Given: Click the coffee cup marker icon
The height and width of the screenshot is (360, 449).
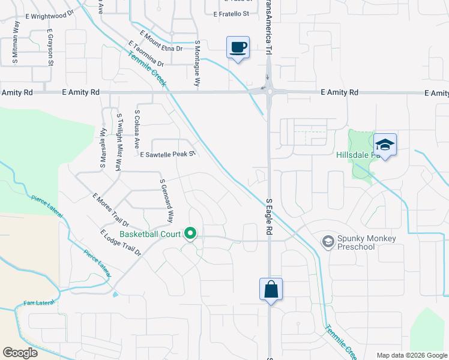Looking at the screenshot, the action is tap(238, 47).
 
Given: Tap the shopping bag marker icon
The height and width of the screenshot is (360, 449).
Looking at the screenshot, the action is tap(271, 289).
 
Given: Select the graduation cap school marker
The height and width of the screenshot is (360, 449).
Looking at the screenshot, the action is tap(385, 145).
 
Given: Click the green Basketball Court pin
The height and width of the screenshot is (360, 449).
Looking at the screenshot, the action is tap(191, 233).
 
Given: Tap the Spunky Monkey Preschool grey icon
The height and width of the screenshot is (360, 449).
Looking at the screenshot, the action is tap(328, 242).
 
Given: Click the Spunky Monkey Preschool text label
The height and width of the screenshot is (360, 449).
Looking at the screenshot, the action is tap(367, 242).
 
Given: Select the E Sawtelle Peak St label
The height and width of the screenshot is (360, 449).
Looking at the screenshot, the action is tap(168, 154).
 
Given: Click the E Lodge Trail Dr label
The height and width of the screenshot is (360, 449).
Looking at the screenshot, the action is tap(121, 243).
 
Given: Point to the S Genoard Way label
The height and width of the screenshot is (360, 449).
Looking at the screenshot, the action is tap(166, 200).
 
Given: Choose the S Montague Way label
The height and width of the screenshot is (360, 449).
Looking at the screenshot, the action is tap(197, 65).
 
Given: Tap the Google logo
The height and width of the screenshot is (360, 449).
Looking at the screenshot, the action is tap(20, 353).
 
